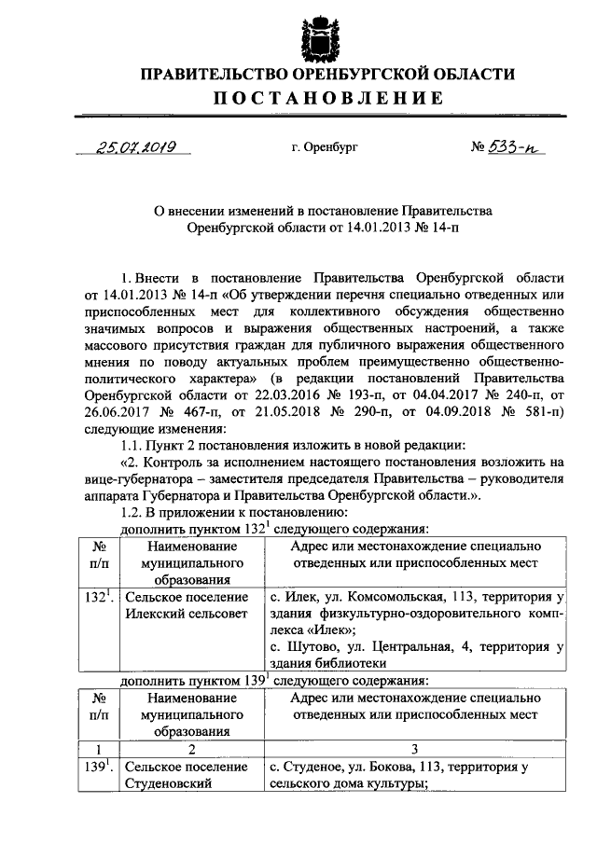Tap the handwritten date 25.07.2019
click(138, 147)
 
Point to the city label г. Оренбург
click(324, 148)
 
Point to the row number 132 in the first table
click(93, 597)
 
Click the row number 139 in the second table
click(93, 767)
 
